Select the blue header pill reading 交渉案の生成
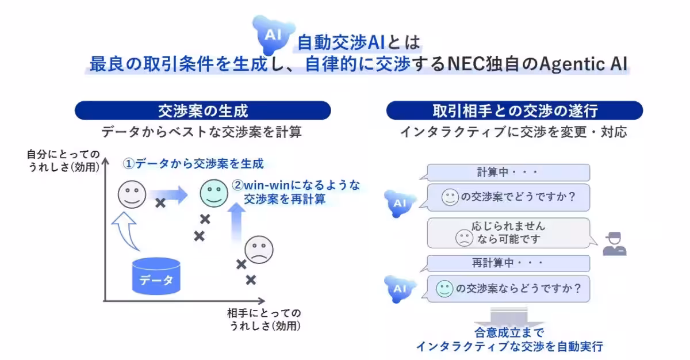click(x=203, y=110)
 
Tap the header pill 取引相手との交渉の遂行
click(x=515, y=110)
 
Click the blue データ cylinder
click(x=156, y=276)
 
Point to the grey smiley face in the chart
click(x=132, y=194)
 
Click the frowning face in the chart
click(x=259, y=250)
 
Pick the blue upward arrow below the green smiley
click(x=236, y=221)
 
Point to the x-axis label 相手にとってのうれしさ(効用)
click(x=264, y=319)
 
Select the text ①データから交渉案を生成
click(x=193, y=164)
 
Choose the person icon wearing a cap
click(x=614, y=243)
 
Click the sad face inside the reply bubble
click(x=463, y=238)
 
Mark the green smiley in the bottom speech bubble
click(x=444, y=288)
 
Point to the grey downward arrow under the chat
click(x=509, y=317)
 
